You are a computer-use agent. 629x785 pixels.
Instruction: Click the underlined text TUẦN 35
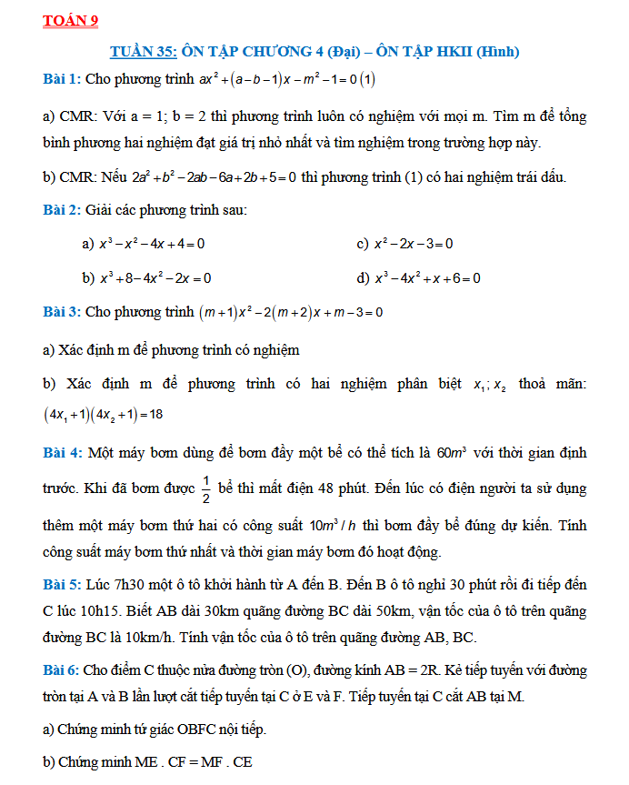point(143,52)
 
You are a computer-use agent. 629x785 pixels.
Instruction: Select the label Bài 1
point(62,80)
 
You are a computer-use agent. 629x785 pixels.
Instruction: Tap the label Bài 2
point(62,210)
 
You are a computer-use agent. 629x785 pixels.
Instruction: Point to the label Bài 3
point(62,312)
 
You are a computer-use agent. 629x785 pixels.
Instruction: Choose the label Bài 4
point(62,452)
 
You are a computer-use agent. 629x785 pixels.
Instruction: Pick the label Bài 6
point(62,670)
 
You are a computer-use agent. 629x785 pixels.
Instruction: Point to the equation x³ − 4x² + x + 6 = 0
point(427,277)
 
